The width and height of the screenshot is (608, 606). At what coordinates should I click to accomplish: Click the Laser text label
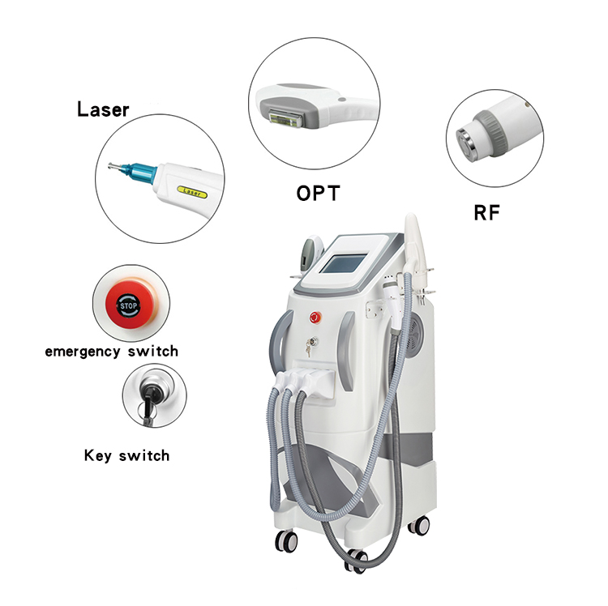coord(103,109)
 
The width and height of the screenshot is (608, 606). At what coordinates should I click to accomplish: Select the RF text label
coord(487,213)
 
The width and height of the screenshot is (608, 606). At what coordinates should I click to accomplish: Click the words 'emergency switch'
coord(111,352)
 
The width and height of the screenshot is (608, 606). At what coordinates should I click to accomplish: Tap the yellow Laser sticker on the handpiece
coord(193,192)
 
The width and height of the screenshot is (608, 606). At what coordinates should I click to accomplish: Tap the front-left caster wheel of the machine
coord(285,539)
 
